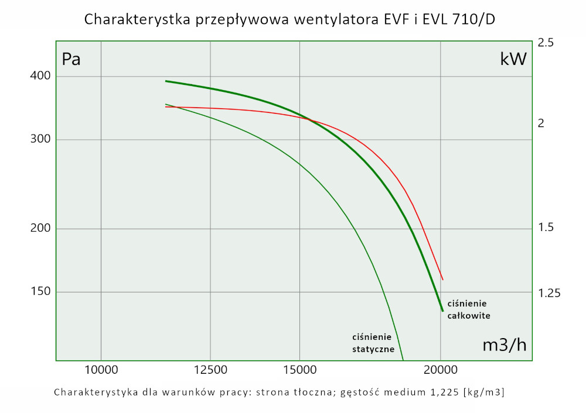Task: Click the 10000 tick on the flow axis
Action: [101, 369]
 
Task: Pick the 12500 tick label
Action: [210, 369]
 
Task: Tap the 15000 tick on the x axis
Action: [299, 369]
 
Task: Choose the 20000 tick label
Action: [441, 369]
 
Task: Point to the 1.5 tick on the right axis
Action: [546, 228]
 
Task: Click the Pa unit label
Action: [71, 60]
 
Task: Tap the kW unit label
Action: [513, 59]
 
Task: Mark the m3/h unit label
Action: [504, 345]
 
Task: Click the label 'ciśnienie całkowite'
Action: [468, 309]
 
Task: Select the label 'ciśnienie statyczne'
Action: [373, 343]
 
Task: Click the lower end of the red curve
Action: [443, 280]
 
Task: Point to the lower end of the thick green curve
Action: [442, 311]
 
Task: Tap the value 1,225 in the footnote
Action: [439, 392]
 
